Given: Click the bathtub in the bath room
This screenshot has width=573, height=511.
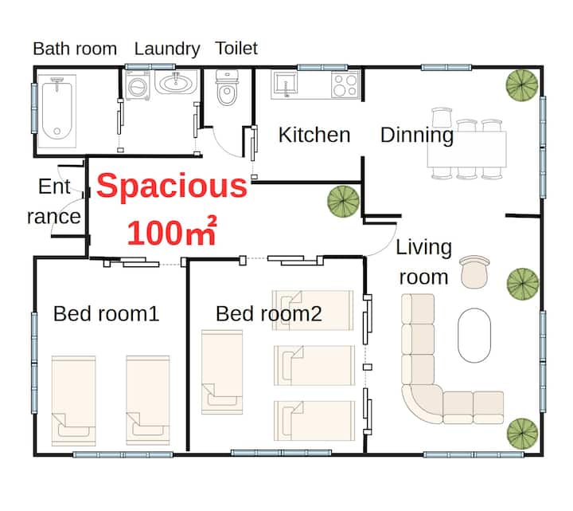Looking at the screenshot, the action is (57, 111).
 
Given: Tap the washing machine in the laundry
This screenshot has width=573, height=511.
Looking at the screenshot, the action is (138, 85).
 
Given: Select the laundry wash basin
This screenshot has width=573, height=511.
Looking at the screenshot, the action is (176, 82).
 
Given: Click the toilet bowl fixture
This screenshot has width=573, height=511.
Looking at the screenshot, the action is (228, 88).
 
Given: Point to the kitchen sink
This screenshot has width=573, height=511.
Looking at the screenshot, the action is (284, 85).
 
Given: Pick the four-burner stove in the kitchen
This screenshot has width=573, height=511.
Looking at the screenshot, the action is (345, 85).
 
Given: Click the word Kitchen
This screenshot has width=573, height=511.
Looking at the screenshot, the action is (314, 135).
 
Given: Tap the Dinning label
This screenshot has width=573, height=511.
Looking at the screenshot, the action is (417, 136).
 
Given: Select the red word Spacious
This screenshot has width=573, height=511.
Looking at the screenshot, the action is (172, 186).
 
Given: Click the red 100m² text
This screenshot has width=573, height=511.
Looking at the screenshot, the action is (172, 231).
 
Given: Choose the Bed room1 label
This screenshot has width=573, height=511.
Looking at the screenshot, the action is (106, 314).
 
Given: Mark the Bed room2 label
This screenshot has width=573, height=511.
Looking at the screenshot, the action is (269, 314).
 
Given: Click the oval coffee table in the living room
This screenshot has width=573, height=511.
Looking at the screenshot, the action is (474, 336).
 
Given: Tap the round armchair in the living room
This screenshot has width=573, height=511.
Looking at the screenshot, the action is (474, 273).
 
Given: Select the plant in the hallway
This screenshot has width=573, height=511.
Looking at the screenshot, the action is (343, 202).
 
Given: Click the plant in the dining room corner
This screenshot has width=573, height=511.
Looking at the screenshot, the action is (522, 85).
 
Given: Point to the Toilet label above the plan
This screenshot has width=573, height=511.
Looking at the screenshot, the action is (236, 49).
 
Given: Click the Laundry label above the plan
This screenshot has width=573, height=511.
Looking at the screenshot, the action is (167, 49).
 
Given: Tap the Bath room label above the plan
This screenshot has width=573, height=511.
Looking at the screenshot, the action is (75, 49).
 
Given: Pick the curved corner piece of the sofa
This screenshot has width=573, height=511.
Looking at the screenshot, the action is (421, 403).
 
